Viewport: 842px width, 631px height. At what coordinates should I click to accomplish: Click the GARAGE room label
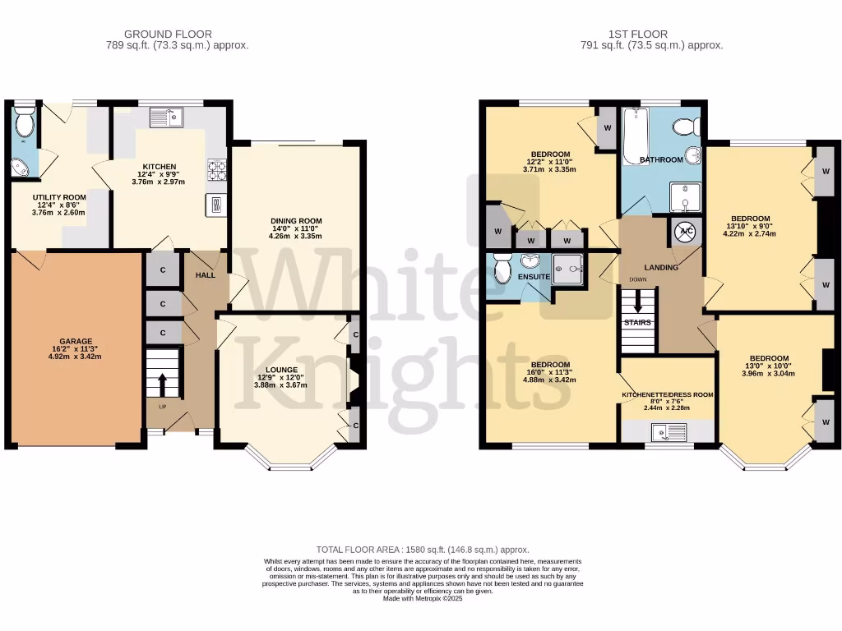[x=75, y=341]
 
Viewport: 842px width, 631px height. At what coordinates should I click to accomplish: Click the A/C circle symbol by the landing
[x=686, y=233]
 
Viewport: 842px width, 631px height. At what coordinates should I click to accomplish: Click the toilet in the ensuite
[x=502, y=268]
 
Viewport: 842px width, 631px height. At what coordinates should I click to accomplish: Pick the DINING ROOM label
[x=296, y=221]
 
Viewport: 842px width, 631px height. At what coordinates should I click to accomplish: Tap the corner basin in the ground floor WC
[x=21, y=168]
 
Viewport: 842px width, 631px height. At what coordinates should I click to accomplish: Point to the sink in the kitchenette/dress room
[x=662, y=431]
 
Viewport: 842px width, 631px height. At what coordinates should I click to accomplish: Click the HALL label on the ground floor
[x=205, y=274]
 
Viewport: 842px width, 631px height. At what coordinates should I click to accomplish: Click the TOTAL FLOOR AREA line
[x=423, y=549]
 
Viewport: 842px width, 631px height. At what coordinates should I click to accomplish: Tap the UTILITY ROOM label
[x=59, y=198]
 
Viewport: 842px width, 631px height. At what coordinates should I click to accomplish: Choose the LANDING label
[x=661, y=267]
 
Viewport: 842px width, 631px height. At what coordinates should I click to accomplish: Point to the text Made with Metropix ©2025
[x=423, y=599]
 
